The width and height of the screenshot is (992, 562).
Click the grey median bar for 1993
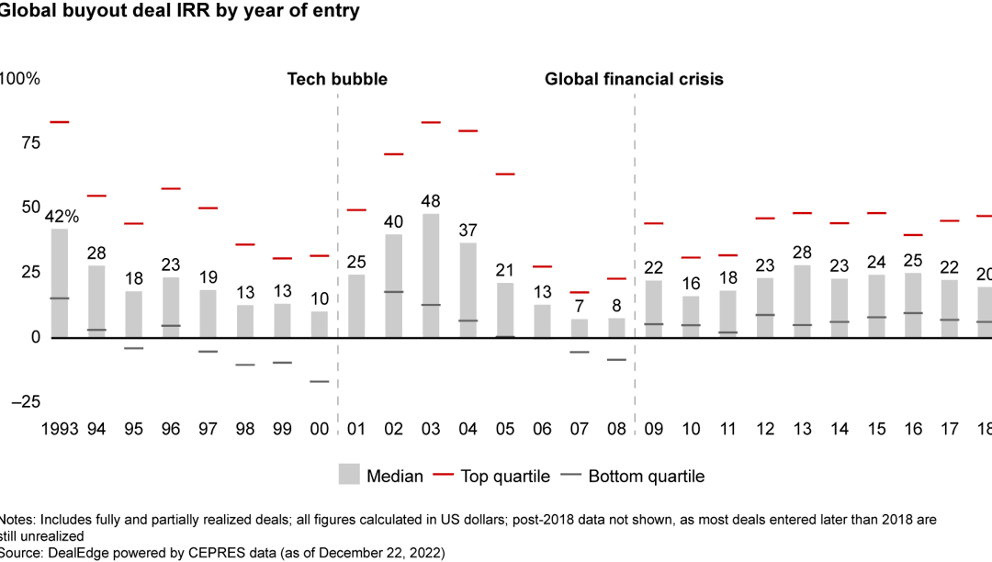(x=60, y=283)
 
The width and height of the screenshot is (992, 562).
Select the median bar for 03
(x=432, y=275)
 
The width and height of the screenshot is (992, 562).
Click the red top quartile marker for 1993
(x=60, y=122)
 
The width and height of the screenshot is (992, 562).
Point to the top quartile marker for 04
(x=468, y=131)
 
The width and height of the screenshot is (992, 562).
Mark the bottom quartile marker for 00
(x=320, y=381)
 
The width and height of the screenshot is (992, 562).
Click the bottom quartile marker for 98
(x=245, y=365)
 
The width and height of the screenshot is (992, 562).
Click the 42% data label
(x=62, y=217)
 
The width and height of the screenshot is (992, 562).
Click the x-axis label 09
(x=654, y=429)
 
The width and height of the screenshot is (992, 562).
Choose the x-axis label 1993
(x=60, y=429)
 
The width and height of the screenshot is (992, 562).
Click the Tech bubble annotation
(x=337, y=79)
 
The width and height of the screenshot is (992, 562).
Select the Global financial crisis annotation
(x=634, y=79)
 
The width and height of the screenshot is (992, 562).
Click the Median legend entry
(x=381, y=476)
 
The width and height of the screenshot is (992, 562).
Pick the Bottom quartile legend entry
(x=634, y=476)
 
